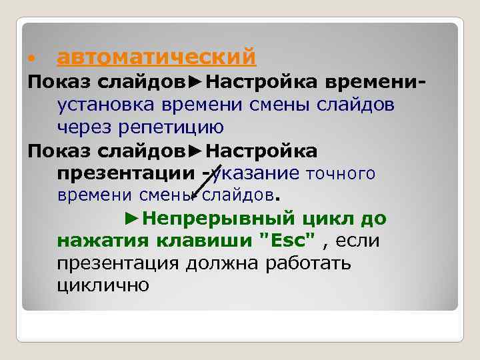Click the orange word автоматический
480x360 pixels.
157,57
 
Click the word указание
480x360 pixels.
257,173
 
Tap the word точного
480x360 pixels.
341,174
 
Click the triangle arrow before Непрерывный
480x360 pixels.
132,218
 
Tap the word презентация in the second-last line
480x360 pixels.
118,263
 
